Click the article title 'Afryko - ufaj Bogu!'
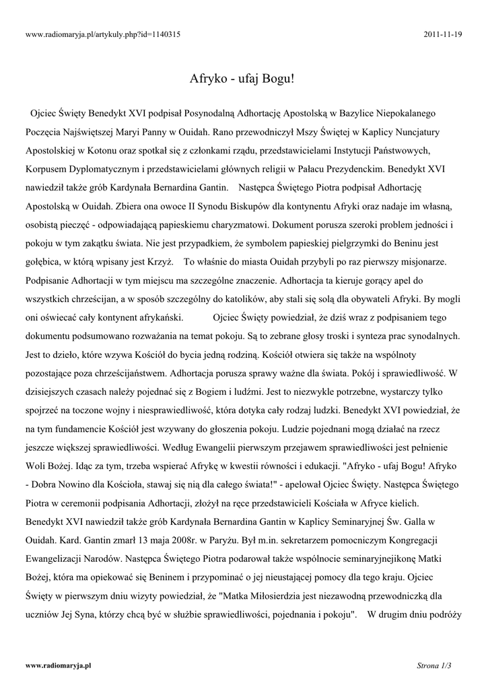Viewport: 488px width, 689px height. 244,79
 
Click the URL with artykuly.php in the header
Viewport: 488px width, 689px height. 102,34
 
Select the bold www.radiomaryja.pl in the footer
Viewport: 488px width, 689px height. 58,665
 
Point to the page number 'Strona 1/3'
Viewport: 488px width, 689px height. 434,665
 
